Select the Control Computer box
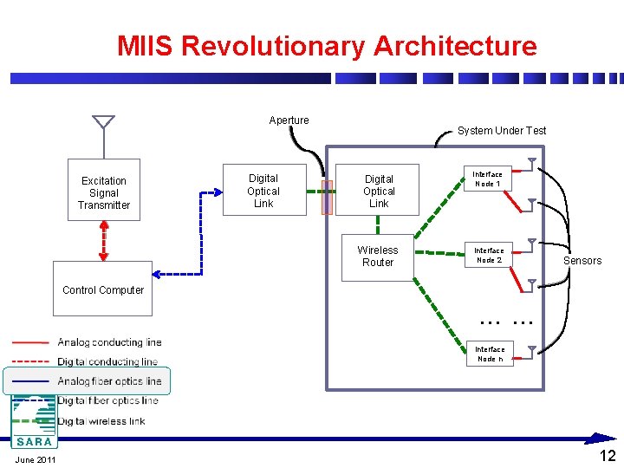[x=103, y=288]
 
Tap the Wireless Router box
[x=377, y=257]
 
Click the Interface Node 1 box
[x=488, y=179]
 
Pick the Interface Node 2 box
[x=488, y=255]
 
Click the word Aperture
[x=289, y=120]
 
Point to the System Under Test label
[x=502, y=131]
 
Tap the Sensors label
[x=582, y=261]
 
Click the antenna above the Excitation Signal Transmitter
[x=103, y=121]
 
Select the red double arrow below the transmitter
[x=104, y=240]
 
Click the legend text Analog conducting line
[x=109, y=342]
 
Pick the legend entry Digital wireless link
[x=101, y=421]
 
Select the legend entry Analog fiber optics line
[x=109, y=381]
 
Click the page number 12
[x=608, y=456]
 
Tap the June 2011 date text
[x=36, y=459]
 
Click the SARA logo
[x=32, y=422]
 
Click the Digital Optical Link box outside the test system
[x=263, y=191]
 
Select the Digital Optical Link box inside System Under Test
[x=379, y=191]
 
